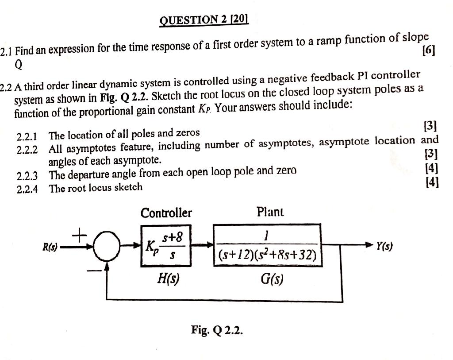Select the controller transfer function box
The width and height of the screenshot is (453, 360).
point(166,246)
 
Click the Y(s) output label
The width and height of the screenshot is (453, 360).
point(384,246)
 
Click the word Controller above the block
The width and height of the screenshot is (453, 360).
point(166,213)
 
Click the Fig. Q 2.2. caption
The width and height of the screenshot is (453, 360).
point(217,329)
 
